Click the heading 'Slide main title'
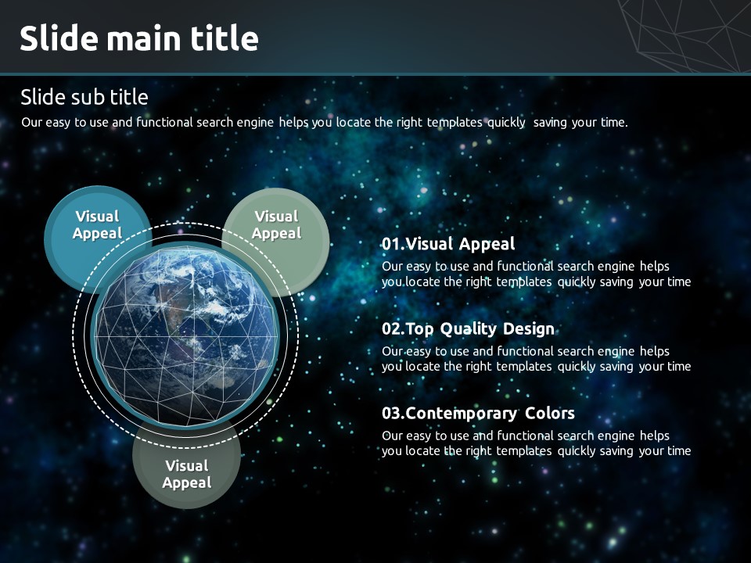point(139,38)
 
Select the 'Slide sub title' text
point(84,97)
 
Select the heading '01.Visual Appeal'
point(448,244)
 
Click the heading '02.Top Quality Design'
point(468,329)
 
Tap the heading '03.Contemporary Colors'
point(478,413)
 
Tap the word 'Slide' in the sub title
point(43,97)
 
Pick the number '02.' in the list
point(393,329)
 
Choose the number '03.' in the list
point(393,413)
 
